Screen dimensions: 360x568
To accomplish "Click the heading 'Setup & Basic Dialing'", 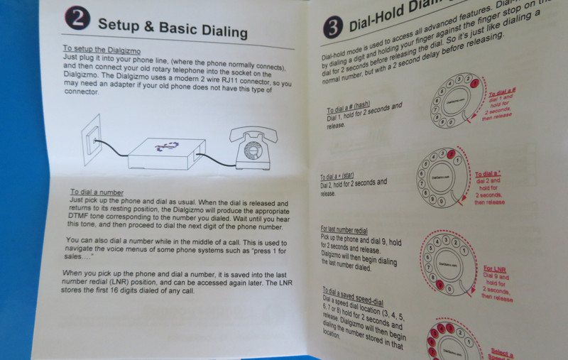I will pos(173,28).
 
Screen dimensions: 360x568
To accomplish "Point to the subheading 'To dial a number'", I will pos(97,193).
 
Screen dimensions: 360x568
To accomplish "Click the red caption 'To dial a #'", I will pos(503,92).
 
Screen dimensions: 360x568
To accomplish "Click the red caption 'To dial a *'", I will pos(490,173).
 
